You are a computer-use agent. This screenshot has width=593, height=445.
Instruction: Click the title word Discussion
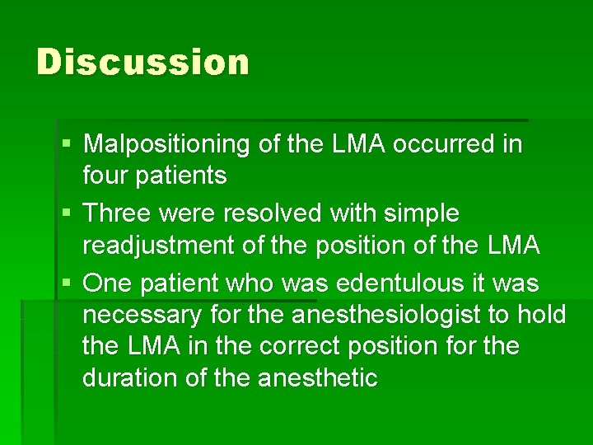click(142, 63)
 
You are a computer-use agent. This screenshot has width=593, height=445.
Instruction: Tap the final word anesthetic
click(318, 378)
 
